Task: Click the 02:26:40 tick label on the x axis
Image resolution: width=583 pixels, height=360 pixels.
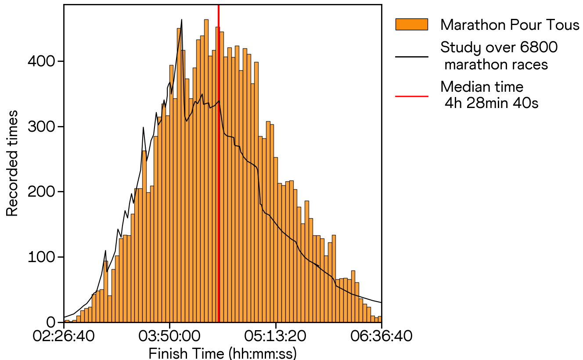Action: point(64,338)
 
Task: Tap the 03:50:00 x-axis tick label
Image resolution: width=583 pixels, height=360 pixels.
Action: point(170,338)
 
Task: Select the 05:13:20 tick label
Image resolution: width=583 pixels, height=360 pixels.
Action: point(276,338)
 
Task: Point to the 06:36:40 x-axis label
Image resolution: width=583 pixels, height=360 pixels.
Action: point(381,338)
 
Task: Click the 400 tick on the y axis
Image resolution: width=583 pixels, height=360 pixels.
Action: point(42,61)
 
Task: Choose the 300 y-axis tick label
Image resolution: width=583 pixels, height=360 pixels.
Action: point(42,126)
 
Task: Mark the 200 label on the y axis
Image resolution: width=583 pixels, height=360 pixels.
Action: point(42,192)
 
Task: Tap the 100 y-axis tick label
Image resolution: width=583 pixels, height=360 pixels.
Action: point(42,257)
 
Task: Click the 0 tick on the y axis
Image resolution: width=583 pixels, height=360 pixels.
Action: point(51,323)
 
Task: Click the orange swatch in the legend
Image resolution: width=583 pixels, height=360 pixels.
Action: point(411,25)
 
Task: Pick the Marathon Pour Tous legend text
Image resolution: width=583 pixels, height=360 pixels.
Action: point(510,25)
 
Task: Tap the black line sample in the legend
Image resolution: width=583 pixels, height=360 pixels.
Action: point(411,57)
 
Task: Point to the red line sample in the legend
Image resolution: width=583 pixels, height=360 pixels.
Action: point(411,95)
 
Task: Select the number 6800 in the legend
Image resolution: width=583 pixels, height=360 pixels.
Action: point(540,47)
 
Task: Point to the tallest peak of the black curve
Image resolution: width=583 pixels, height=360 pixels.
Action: point(182,20)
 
